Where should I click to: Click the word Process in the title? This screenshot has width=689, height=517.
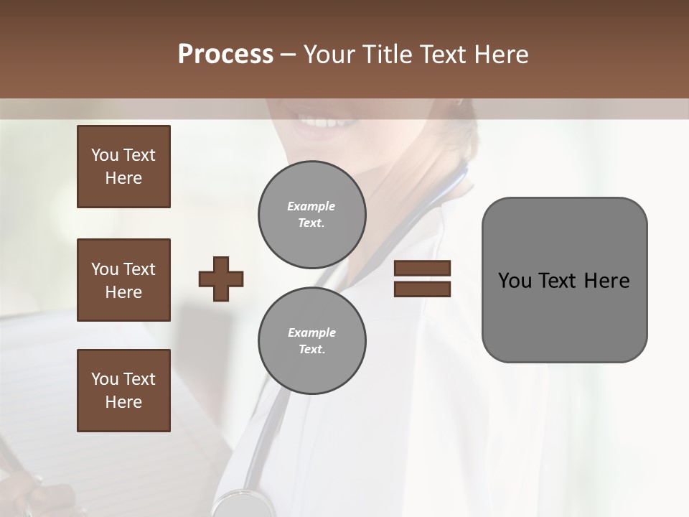click(225, 55)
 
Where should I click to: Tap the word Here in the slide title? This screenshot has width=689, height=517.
click(499, 55)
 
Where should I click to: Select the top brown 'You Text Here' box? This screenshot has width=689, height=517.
click(123, 167)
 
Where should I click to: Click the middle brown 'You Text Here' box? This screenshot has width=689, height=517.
click(123, 280)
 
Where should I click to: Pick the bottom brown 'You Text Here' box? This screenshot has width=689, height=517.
click(123, 391)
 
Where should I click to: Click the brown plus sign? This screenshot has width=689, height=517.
click(221, 279)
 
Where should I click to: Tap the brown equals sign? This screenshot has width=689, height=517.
click(422, 279)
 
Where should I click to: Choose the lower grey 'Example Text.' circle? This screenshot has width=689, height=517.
click(311, 341)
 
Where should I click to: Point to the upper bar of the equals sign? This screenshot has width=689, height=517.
click(422, 269)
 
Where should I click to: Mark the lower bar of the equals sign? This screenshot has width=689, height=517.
click(422, 289)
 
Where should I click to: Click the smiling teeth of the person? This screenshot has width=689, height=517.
click(326, 121)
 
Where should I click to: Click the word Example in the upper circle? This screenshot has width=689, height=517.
click(311, 206)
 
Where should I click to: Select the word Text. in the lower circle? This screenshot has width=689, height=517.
click(311, 350)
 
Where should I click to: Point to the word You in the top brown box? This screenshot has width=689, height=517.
click(104, 155)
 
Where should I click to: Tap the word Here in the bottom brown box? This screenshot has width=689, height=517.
click(123, 402)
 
